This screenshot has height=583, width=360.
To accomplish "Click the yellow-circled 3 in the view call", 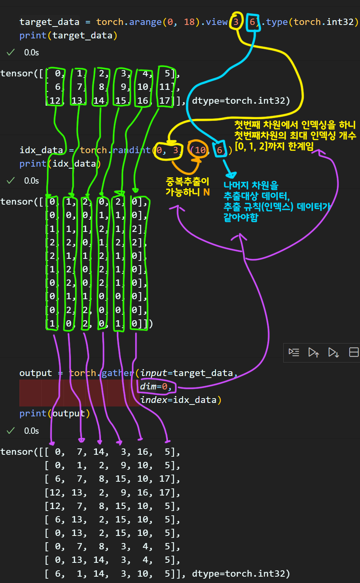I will click(x=236, y=22).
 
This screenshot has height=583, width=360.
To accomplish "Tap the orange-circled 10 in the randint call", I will click(x=200, y=150).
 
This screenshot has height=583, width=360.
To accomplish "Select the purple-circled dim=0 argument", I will click(x=156, y=386).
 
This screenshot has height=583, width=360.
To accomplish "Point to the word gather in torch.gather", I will click(x=117, y=373).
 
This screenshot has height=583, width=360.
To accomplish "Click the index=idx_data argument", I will click(x=180, y=400).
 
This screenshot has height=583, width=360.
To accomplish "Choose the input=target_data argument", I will click(x=188, y=373).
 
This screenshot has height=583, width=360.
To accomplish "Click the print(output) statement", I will click(x=55, y=413).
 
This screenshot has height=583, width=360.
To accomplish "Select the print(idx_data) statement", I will click(x=60, y=163).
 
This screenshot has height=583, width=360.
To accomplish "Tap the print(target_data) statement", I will click(x=68, y=35).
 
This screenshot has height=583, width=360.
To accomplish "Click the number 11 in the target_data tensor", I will click(x=165, y=87).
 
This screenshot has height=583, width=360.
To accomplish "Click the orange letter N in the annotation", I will click(x=207, y=192).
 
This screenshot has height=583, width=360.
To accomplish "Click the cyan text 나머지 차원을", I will click(x=251, y=185).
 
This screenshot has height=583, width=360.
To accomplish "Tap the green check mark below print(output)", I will click(x=11, y=430).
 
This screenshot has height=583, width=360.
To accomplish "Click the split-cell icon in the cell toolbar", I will click(x=354, y=352).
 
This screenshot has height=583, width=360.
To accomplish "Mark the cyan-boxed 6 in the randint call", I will click(x=220, y=150).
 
